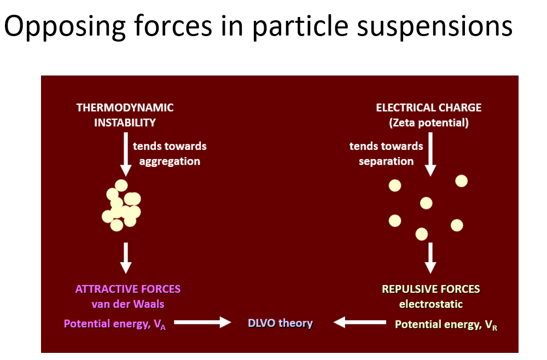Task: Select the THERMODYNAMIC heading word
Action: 125,107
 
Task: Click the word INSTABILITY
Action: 125,123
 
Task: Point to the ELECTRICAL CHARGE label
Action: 429,107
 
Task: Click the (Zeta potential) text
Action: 429,123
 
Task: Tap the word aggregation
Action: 170,161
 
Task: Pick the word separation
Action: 386,161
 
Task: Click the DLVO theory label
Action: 280,323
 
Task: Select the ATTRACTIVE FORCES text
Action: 128,289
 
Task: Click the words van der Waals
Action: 128,304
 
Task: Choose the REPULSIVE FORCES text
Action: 431,289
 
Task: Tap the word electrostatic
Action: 431,304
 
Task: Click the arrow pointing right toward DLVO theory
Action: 203,322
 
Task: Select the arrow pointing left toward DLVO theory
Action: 360,322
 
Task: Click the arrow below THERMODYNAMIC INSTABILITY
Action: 126,154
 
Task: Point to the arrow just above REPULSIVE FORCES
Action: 430,258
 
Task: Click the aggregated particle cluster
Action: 121,206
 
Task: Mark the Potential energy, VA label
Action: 115,324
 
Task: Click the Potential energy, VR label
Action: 446,325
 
